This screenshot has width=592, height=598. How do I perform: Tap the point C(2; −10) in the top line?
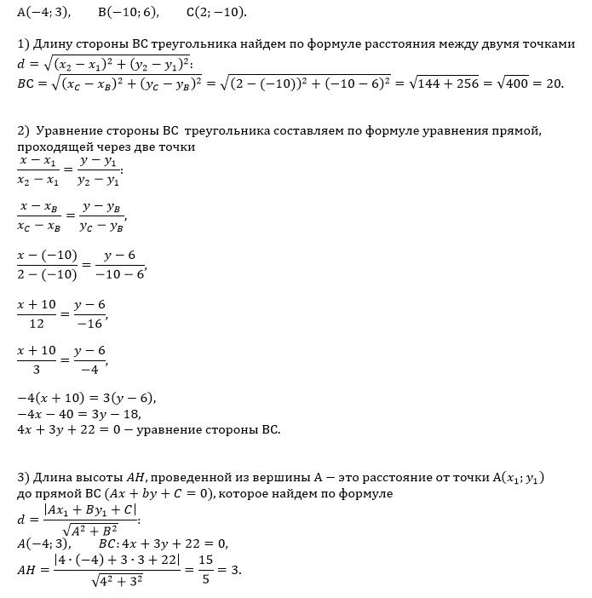coord(216,13)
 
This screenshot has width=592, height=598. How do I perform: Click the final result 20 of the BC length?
coord(555,84)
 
